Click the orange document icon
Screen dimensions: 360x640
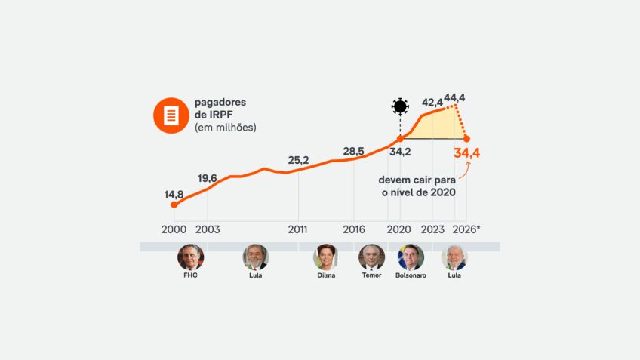pyautogui.click(x=171, y=115)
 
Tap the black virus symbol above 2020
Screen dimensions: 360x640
pyautogui.click(x=399, y=106)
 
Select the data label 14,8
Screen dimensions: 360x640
pyautogui.click(x=174, y=195)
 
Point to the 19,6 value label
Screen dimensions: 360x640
pyautogui.click(x=208, y=178)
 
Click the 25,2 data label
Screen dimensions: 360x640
pyautogui.click(x=298, y=160)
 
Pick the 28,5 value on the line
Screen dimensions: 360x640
pyautogui.click(x=353, y=151)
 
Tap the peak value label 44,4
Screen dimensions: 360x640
pyautogui.click(x=454, y=97)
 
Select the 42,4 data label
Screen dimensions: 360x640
pyautogui.click(x=432, y=103)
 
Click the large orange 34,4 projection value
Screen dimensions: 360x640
pyautogui.click(x=467, y=153)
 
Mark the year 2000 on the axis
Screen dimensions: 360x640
pyautogui.click(x=174, y=229)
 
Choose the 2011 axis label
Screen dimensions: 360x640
pyautogui.click(x=298, y=229)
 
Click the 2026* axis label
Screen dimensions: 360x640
pyautogui.click(x=466, y=229)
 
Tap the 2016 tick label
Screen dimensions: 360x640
pyautogui.click(x=354, y=229)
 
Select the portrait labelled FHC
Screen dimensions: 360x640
pyautogui.click(x=190, y=257)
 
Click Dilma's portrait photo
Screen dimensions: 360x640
pyautogui.click(x=326, y=257)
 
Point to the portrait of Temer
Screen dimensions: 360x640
pyautogui.click(x=371, y=257)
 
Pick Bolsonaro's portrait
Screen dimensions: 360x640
pyautogui.click(x=411, y=257)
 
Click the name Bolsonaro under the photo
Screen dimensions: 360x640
pyautogui.click(x=411, y=275)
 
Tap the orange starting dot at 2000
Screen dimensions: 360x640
pyautogui.click(x=174, y=205)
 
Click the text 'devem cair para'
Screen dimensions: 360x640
pyautogui.click(x=417, y=180)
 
